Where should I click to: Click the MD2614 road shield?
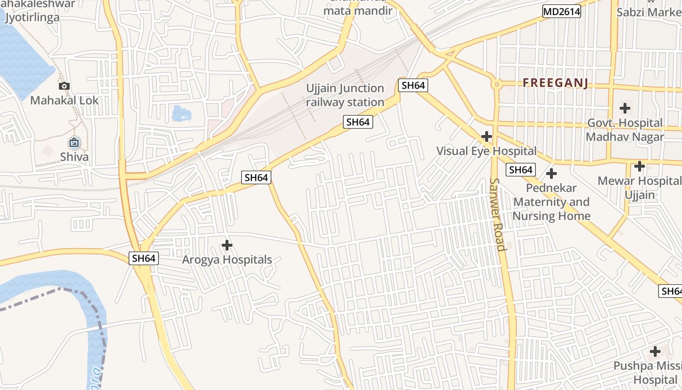[562, 11]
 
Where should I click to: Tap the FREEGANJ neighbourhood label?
[555, 83]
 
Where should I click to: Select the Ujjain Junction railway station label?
[345, 95]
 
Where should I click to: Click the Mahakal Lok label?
[64, 100]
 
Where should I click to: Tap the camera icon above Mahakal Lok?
[64, 86]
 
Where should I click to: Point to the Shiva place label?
[75, 157]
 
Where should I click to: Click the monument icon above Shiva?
[74, 142]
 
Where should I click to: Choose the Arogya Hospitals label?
[227, 259]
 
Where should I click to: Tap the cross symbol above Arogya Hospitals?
[227, 245]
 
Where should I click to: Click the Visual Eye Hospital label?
[486, 151]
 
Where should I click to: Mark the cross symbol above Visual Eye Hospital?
[486, 136]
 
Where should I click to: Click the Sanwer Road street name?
[498, 214]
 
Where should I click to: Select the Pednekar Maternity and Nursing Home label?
[551, 202]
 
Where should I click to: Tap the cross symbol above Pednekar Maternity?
[551, 174]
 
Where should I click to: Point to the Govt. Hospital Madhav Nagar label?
[625, 130]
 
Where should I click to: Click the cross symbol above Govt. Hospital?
[625, 108]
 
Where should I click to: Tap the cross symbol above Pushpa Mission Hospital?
[655, 351]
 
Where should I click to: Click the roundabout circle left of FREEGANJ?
[496, 84]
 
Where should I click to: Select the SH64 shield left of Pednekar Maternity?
[520, 170]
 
